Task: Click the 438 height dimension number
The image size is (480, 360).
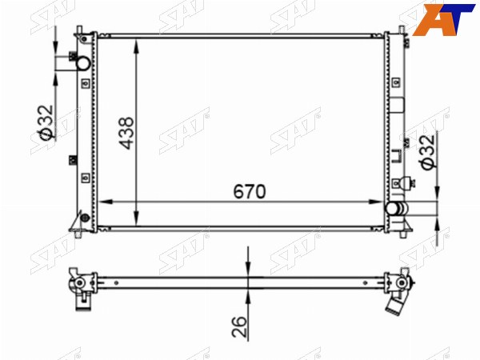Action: (x=126, y=133)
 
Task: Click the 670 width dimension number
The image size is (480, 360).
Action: (x=250, y=192)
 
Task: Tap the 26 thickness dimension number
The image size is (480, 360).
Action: (x=239, y=326)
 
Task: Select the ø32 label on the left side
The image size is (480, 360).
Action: (x=46, y=123)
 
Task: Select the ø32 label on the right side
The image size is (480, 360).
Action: (x=427, y=152)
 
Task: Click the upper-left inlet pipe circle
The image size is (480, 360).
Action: (x=83, y=63)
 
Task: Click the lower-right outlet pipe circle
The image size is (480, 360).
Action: (x=392, y=209)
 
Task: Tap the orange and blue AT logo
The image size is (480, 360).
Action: (x=443, y=19)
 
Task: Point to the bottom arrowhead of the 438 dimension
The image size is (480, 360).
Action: (x=137, y=219)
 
